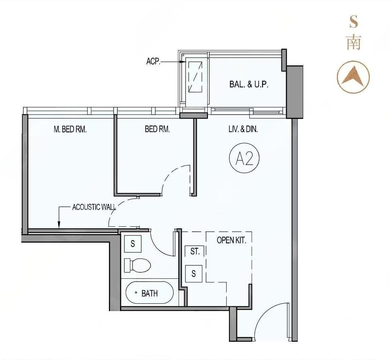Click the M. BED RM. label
click(70, 129)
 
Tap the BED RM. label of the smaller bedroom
click(157, 129)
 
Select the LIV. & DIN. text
click(243, 129)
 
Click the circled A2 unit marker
click(244, 159)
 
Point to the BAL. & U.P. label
click(249, 84)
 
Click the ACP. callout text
click(153, 62)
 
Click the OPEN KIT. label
click(231, 240)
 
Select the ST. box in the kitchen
click(195, 251)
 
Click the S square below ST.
click(194, 274)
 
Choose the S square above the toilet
click(133, 244)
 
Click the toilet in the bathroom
click(137, 265)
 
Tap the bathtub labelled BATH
click(150, 293)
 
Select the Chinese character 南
click(354, 42)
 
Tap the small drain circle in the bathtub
click(136, 293)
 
